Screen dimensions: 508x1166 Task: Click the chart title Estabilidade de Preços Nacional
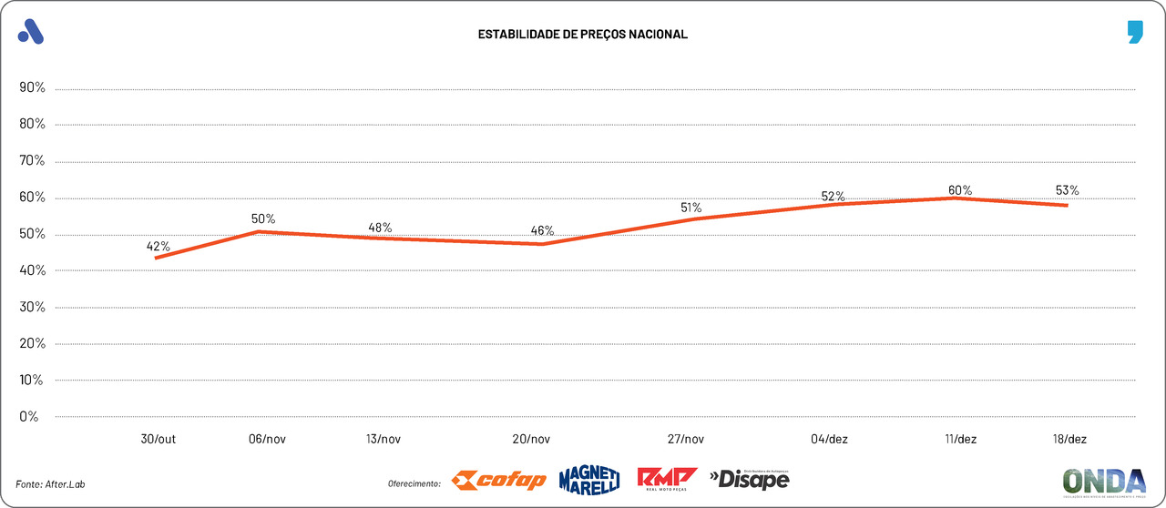pyautogui.click(x=583, y=35)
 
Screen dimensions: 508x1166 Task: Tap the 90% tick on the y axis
pyautogui.click(x=32, y=88)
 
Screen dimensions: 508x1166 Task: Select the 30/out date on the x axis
pyautogui.click(x=159, y=439)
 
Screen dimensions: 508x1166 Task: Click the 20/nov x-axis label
pyautogui.click(x=531, y=439)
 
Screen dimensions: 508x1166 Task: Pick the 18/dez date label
pyautogui.click(x=1069, y=439)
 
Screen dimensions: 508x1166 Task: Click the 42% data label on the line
pyautogui.click(x=159, y=246)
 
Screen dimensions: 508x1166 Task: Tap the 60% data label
pyautogui.click(x=960, y=190)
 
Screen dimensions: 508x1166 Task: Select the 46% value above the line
pyautogui.click(x=542, y=230)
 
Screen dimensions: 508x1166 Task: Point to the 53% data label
pyautogui.click(x=1068, y=190)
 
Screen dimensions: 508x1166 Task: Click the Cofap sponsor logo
pyautogui.click(x=499, y=480)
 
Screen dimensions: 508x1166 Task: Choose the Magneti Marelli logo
pyautogui.click(x=589, y=479)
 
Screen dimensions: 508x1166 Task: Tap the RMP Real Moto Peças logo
pyautogui.click(x=667, y=479)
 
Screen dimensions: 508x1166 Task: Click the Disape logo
pyautogui.click(x=749, y=479)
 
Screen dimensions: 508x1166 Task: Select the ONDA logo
pyautogui.click(x=1104, y=481)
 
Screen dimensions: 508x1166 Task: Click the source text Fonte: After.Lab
pyautogui.click(x=56, y=483)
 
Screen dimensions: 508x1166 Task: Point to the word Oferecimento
pyautogui.click(x=414, y=483)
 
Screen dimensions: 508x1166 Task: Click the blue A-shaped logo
pyautogui.click(x=31, y=32)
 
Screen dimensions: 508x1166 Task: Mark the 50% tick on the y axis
pyautogui.click(x=32, y=234)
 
